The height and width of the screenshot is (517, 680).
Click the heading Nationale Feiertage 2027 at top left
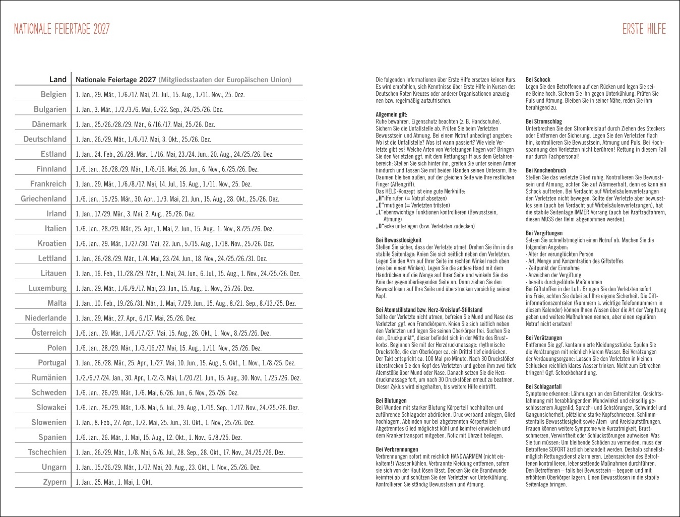pos(61,29)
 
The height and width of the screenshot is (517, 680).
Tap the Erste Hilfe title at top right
pos(644,29)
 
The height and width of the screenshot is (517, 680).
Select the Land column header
pos(57,79)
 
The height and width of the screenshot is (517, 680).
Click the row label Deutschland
pos(45,139)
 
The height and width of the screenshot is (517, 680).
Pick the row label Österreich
pos(48,333)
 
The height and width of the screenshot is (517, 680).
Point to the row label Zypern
pos(54,482)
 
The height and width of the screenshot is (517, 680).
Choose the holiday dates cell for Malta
pos(186,303)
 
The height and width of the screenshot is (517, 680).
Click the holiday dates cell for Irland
pos(135,214)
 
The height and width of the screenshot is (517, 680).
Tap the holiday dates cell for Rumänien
pos(188,378)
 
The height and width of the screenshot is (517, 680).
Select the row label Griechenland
pos(43,199)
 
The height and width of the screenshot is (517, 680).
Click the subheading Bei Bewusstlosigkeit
pos(399,240)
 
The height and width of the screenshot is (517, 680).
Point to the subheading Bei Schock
pos(538,80)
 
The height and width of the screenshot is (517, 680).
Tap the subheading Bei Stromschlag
pos(543,121)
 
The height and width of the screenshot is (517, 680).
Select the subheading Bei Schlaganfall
pos(543,386)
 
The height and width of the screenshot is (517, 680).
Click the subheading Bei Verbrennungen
pos(397,449)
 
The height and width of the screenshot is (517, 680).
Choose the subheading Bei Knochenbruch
pos(545,170)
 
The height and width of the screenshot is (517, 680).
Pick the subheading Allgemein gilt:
pos(391,114)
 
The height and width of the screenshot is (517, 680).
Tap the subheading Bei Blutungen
pos(391,401)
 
